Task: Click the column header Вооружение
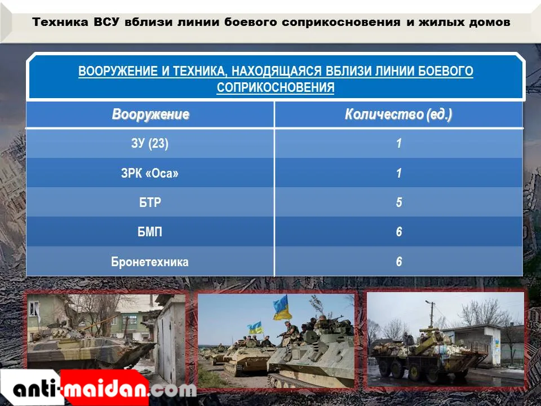(150, 114)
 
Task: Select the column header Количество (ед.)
(398, 114)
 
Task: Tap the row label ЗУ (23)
(150, 143)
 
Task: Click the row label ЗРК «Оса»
(150, 173)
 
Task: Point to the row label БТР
(150, 202)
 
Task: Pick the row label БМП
(150, 232)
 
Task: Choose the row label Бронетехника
(150, 262)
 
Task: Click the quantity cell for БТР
(399, 202)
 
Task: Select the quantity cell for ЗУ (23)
(399, 143)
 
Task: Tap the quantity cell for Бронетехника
(399, 262)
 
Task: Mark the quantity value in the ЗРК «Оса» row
(399, 173)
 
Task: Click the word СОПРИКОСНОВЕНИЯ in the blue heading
(276, 87)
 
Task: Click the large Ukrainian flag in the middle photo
(282, 308)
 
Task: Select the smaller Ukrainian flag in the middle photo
(255, 328)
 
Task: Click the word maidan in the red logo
(105, 389)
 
